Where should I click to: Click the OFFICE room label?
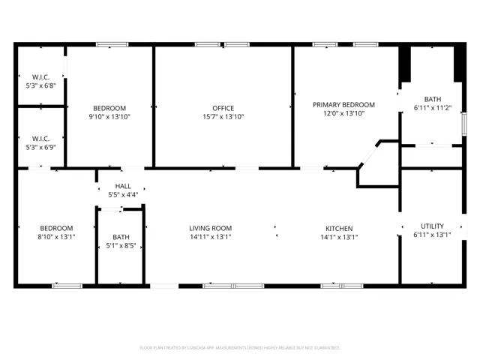223,108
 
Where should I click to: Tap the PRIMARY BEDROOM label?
343,105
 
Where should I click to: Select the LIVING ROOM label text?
210,228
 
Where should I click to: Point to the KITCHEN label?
339,229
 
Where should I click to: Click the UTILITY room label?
432,226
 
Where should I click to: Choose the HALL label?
123,186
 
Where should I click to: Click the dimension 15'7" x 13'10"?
223,117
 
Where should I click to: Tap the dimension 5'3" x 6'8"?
40,85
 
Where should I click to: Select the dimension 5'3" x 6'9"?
40,147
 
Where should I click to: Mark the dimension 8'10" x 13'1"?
56,237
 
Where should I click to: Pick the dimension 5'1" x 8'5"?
121,245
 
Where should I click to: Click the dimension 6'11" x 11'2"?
433,108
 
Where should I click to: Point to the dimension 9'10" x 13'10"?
109,117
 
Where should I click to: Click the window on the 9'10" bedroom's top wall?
112,45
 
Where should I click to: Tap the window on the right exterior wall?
464,124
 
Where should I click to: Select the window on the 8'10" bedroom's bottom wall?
67,286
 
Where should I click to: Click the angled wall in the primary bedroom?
369,154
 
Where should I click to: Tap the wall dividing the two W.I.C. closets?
41,106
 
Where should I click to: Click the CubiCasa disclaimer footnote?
240,348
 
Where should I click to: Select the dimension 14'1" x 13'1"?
339,237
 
